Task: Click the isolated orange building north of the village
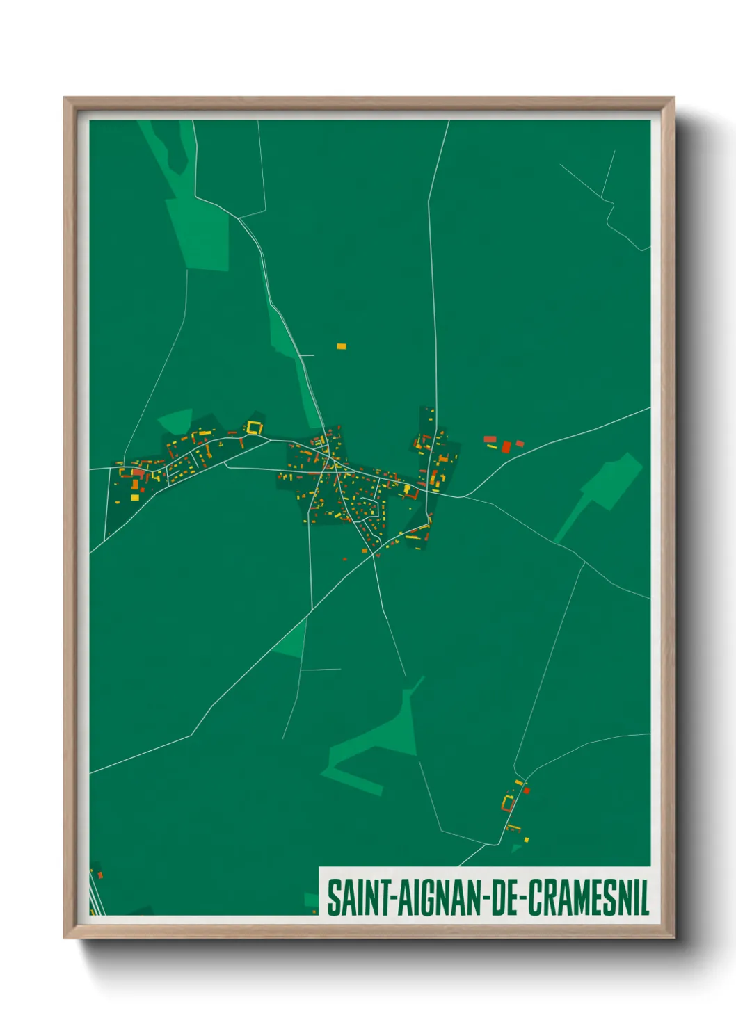point(342,346)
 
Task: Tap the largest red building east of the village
point(506,446)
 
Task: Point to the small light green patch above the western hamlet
point(176,420)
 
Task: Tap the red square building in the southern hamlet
point(527,790)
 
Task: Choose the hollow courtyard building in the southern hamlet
point(509,804)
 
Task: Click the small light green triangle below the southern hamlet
point(516,848)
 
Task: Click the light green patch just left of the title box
point(311,900)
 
